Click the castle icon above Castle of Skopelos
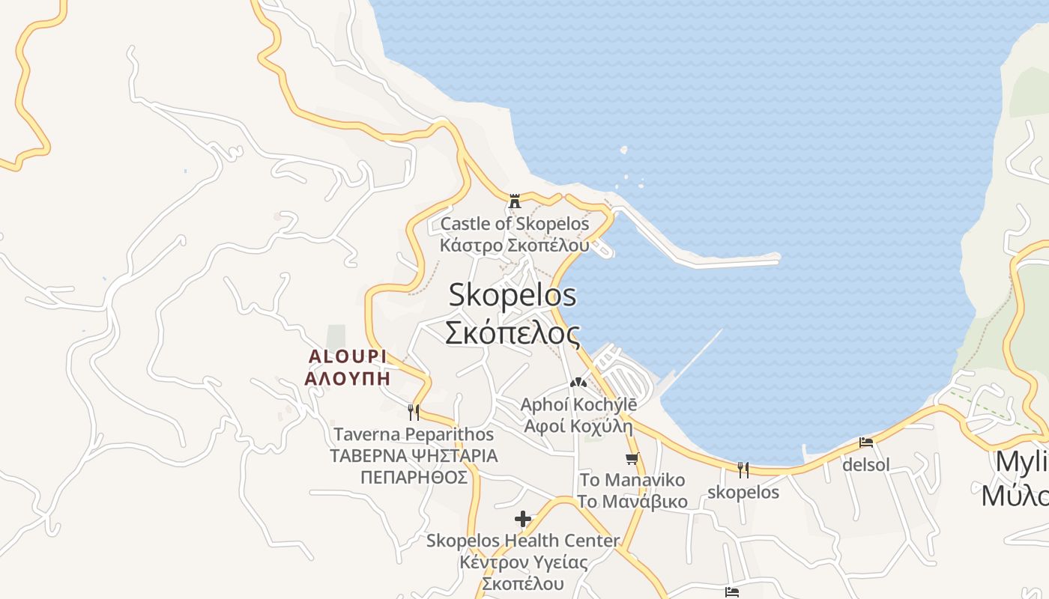(x=515, y=201)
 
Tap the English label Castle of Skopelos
(x=515, y=223)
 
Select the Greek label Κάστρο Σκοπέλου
(x=515, y=245)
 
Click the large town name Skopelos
(x=513, y=294)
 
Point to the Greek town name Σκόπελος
(x=513, y=332)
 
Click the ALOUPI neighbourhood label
(x=347, y=356)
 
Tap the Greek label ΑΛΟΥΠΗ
(x=347, y=377)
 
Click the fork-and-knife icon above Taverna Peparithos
(x=413, y=412)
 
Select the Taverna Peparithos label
(x=414, y=434)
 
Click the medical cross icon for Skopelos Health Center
(x=523, y=518)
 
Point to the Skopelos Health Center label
(x=523, y=540)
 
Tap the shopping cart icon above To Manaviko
(x=632, y=458)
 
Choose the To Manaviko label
(x=632, y=479)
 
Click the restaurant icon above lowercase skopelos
(x=743, y=470)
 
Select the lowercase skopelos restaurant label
(x=743, y=492)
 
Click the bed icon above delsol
(x=866, y=443)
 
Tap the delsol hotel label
(x=866, y=465)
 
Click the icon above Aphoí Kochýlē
(x=577, y=383)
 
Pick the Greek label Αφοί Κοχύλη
(x=578, y=426)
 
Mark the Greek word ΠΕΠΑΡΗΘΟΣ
(x=414, y=477)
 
